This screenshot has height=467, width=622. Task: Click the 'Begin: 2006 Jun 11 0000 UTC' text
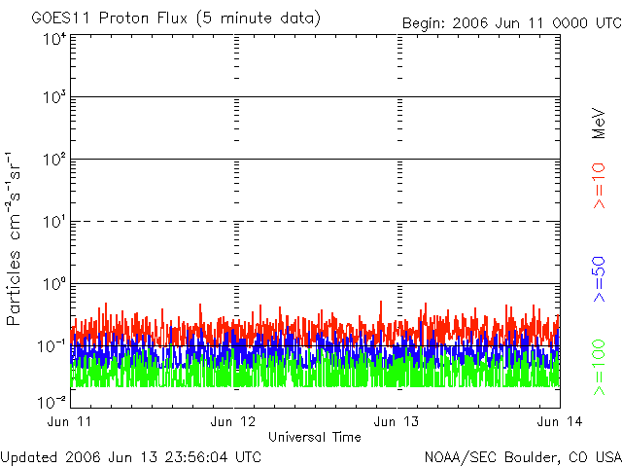point(511,22)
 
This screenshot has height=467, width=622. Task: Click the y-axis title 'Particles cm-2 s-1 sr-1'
point(16,237)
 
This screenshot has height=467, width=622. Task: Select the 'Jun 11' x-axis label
point(71,422)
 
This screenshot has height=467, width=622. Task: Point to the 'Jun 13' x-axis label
point(397,422)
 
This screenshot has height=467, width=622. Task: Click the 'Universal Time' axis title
point(316,437)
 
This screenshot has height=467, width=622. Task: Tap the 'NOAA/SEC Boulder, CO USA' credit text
point(522,455)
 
